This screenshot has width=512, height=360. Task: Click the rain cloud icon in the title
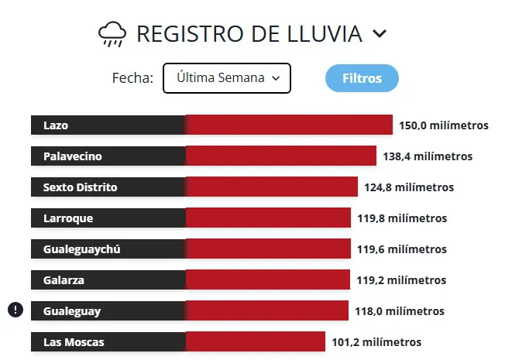coord(112,33)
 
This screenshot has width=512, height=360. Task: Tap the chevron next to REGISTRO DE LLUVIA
coord(379,33)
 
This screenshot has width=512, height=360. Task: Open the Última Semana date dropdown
coord(226,78)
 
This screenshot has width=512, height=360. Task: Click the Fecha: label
coord(132,78)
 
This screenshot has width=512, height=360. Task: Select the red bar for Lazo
coord(289,125)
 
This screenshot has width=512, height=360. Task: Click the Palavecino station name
coord(73,156)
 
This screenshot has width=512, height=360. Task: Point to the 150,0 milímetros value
coord(443,125)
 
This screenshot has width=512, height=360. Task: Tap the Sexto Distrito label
coord(81,187)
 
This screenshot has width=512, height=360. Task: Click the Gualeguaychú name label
coord(82,249)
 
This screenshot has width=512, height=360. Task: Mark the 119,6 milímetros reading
coord(401,249)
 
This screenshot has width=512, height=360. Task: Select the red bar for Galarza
coord(268,280)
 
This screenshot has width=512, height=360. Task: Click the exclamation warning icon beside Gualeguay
coord(15,310)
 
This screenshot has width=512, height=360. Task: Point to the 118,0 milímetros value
coord(400,311)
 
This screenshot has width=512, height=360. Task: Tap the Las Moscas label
coord(74,342)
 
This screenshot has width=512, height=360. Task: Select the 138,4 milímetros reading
coord(427,156)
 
